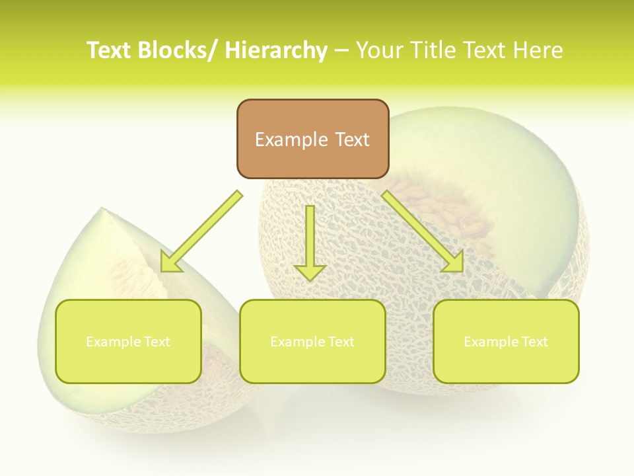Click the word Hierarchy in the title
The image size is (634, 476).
(x=276, y=50)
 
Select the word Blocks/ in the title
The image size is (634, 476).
(x=178, y=50)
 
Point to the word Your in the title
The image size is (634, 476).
(x=381, y=50)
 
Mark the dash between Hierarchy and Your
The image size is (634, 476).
(x=341, y=50)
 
